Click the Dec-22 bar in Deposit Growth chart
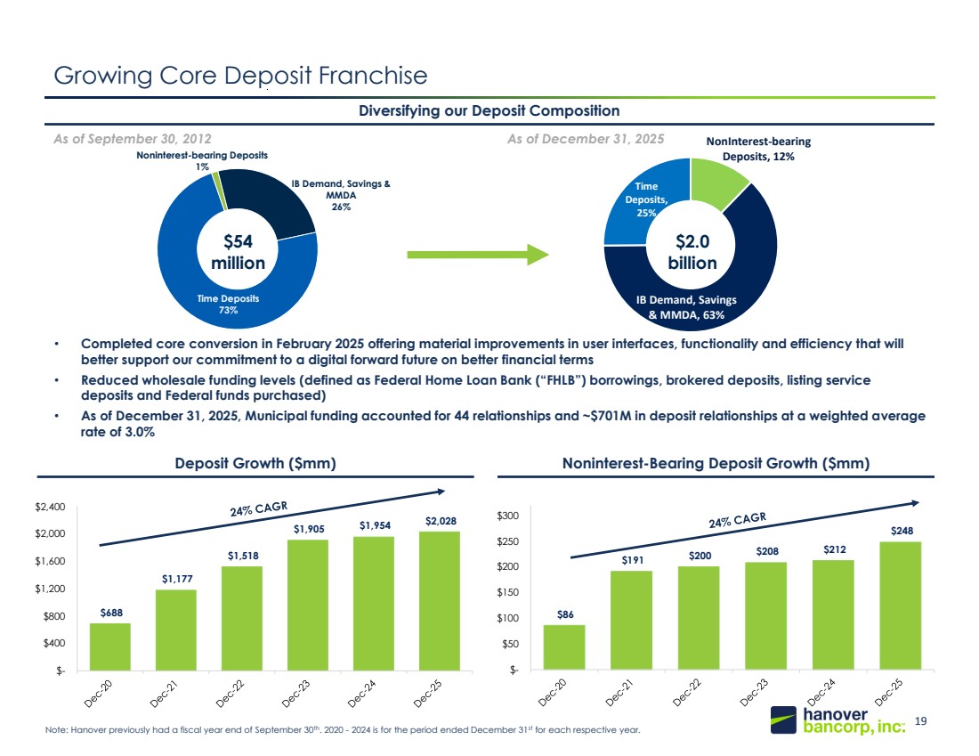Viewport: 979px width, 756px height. coord(241,619)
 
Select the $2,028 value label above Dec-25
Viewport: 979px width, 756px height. coord(441,521)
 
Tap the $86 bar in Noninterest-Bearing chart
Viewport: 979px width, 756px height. coord(564,647)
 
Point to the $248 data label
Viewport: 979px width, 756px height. coord(902,531)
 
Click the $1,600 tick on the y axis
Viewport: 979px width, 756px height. coord(50,561)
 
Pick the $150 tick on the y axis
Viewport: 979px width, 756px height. coord(507,592)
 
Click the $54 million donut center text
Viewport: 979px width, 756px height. coord(238,252)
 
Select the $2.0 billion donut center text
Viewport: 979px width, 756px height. coord(692,252)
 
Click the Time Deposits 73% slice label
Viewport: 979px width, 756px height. coord(228,305)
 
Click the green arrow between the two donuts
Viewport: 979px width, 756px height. coord(478,255)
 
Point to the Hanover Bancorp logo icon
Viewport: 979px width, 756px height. coord(783,719)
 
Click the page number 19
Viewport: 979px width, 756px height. coord(920,721)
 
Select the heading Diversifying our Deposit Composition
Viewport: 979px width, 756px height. coord(489,110)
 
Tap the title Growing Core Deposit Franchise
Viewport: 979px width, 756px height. coord(240,76)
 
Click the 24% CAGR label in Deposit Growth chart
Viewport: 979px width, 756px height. coord(258,508)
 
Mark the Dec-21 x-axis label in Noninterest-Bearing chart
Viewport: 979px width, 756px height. coord(619,692)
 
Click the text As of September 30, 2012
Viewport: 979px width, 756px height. coord(133,139)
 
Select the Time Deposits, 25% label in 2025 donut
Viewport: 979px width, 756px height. coord(646,199)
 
